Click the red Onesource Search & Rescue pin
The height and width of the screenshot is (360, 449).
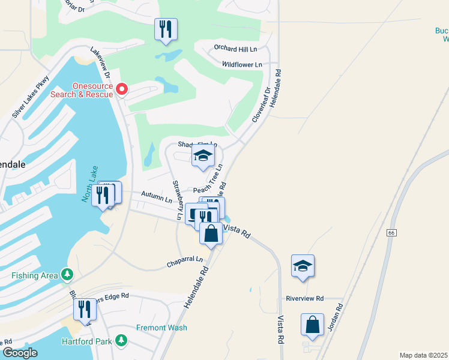click(122, 89)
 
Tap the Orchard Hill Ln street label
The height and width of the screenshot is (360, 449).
click(240, 49)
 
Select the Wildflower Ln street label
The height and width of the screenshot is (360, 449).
click(242, 64)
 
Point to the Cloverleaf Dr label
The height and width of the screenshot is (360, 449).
click(259, 106)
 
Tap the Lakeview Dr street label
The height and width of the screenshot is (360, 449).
click(100, 63)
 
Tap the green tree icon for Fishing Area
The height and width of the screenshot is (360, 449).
click(68, 275)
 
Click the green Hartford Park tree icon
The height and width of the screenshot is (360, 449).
click(122, 341)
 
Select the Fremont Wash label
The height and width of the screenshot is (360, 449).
click(161, 328)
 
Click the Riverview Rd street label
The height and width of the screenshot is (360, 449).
click(304, 298)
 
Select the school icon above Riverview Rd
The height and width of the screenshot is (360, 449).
click(303, 266)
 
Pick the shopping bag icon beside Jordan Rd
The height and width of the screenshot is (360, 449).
click(312, 325)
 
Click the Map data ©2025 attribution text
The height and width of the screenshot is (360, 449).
click(423, 355)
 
